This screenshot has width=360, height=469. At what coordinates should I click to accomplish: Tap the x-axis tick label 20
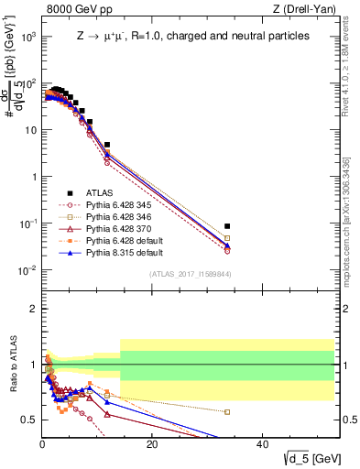(152, 444)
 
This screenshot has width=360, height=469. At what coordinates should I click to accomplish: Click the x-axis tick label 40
(262, 444)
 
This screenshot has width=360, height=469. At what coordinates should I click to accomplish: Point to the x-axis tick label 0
(42, 444)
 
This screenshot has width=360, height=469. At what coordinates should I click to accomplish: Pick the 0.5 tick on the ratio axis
(29, 420)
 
